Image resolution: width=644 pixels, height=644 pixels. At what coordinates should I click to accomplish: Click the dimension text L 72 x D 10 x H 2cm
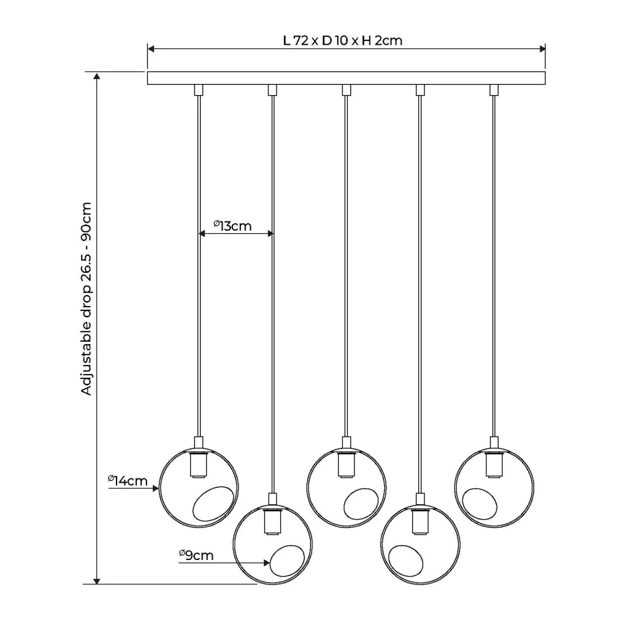342,40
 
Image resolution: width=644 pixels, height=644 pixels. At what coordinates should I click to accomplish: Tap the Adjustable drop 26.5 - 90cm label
86,299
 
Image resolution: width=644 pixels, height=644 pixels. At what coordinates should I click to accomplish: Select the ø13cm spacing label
232,226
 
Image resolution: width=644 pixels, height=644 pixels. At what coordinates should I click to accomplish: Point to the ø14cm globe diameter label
128,480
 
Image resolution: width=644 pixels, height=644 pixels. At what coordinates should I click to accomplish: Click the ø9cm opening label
196,555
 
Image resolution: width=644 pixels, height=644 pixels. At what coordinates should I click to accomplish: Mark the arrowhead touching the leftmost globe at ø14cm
156,489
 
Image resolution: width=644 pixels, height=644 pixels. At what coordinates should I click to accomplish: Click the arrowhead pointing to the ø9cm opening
267,562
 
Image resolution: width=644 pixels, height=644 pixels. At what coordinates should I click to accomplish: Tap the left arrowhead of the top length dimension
151,49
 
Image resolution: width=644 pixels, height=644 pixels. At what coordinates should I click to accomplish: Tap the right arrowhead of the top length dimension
542,49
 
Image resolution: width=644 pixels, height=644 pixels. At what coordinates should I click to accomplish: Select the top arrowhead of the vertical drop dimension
97,77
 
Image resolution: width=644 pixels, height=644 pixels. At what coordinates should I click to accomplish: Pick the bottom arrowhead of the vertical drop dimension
97,580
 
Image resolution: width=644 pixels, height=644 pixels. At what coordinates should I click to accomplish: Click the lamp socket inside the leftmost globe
198,464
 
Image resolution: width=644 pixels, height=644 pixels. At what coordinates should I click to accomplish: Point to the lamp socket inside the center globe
347,464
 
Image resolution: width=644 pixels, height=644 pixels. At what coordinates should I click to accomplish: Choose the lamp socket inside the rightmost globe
494,464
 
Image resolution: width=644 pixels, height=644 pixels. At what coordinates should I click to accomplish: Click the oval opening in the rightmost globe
480,504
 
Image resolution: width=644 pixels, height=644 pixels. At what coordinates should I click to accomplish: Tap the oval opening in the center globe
361,504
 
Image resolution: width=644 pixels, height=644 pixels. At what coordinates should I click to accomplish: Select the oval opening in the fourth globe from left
406,561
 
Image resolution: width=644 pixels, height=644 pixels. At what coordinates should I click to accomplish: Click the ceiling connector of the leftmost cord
199,90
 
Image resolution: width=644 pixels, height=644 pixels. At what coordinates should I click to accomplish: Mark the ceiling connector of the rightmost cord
494,90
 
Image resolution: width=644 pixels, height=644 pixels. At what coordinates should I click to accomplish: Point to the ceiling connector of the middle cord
347,90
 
